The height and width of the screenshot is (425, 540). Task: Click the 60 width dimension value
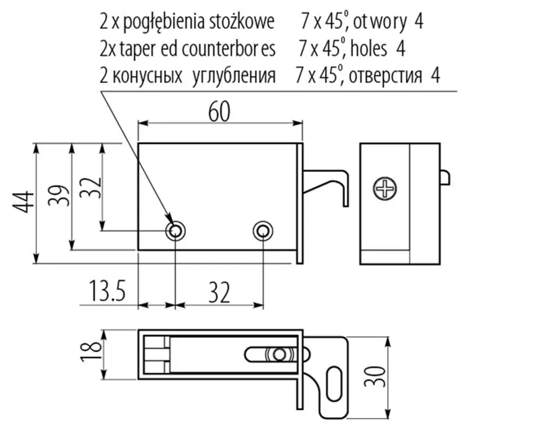point(219,112)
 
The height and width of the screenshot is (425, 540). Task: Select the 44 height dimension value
point(24,202)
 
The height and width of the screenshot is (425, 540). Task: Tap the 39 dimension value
point(58,196)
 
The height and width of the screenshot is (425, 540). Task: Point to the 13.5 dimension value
point(107,291)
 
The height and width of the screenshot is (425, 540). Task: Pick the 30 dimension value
point(375,377)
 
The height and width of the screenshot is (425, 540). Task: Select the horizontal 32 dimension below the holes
point(219,292)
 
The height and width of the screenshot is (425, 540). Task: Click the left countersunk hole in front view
point(175,230)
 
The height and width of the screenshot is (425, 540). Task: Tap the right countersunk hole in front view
point(263,230)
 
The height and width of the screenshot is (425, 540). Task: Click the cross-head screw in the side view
point(385,188)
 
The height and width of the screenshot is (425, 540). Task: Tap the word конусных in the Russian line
point(147,76)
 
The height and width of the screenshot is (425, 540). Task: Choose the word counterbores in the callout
point(228,49)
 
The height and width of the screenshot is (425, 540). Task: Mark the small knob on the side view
point(445,177)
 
